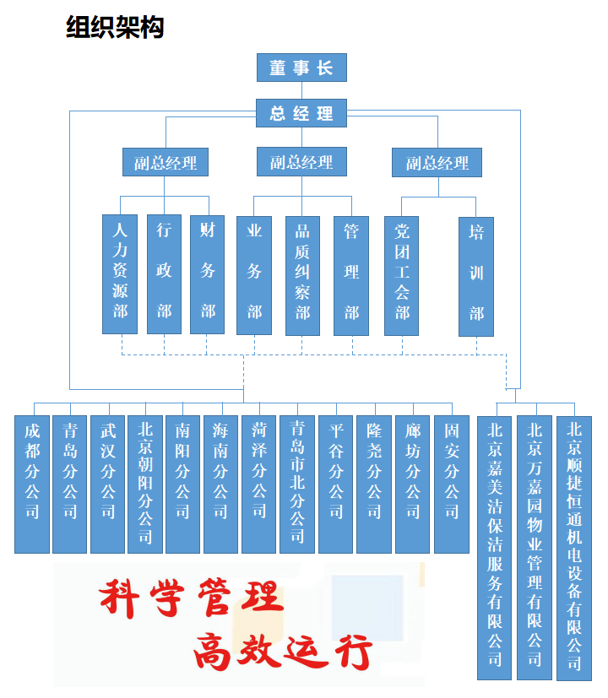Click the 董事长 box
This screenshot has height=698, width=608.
point(301,68)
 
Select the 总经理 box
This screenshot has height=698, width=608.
point(301,113)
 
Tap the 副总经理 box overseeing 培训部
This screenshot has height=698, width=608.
point(437,163)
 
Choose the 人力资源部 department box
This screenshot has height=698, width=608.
point(120,274)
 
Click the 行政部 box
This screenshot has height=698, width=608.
point(164,274)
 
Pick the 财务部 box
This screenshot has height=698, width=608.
point(207,274)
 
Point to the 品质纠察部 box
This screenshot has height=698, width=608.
point(302,276)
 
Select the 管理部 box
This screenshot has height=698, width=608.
point(351,276)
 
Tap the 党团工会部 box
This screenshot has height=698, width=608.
point(401,276)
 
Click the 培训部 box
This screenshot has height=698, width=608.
point(476,277)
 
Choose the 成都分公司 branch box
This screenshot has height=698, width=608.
point(32,484)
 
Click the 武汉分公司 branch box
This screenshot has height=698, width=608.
point(108,484)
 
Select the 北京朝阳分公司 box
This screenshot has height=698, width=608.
point(145,484)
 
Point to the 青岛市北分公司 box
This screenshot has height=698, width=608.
point(297,484)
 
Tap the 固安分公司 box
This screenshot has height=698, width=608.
point(452,484)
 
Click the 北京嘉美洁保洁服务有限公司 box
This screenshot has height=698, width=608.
point(494,548)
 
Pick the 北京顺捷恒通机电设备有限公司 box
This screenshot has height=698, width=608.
point(574,548)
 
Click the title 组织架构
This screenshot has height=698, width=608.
point(115,27)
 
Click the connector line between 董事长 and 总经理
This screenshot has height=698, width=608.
point(301,90)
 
